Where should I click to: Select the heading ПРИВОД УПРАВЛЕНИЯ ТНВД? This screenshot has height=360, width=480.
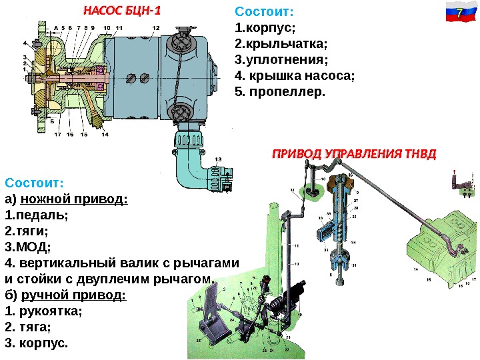click(353, 155)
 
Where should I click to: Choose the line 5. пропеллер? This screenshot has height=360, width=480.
click(281, 90)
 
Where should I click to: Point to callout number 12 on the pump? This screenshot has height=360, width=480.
click(155, 27)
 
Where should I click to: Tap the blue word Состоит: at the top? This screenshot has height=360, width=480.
click(265, 13)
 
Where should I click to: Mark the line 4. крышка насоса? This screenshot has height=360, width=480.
click(295, 75)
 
